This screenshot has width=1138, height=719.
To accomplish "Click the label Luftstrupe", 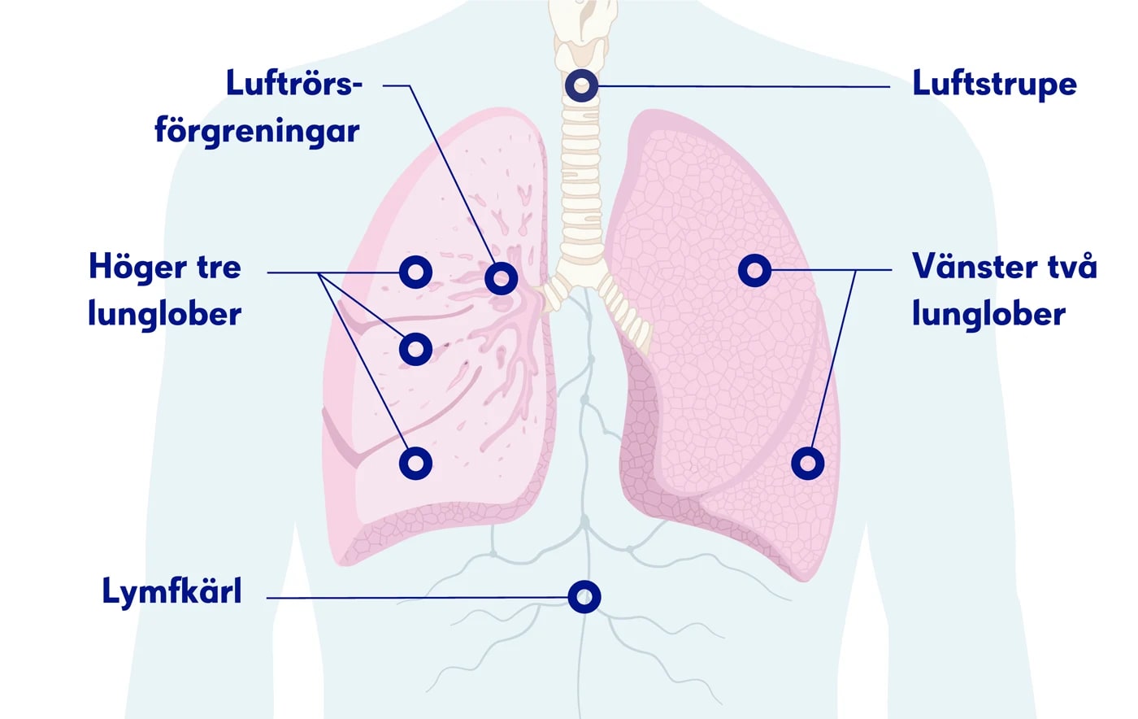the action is coord(994,84).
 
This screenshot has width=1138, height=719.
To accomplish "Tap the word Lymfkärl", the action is coord(172,592).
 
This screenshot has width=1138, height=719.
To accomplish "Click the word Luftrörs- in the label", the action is coord(293,84).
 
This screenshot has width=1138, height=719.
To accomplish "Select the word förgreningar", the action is coord(257,130).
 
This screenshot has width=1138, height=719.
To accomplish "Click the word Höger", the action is coord(131,267).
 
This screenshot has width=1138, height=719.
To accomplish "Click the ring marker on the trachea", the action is coord(582,85).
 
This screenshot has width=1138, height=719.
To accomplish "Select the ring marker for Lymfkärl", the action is coord(584,597).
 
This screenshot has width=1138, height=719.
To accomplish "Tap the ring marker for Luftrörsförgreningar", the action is coord(501,278).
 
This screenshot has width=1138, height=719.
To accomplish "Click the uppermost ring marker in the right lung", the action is coord(415,272).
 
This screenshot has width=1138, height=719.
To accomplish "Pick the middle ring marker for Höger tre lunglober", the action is coord(415,349).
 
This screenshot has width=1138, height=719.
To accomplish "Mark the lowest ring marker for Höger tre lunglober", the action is coord(415,463).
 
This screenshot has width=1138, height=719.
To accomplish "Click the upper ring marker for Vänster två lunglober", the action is coord(754,269).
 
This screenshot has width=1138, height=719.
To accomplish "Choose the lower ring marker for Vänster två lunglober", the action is coord(807,464).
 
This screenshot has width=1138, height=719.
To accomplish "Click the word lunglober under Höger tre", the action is coord(165,315).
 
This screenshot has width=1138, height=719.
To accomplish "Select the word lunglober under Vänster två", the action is coord(988,315).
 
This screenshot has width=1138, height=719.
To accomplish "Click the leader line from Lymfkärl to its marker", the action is coord(415,598).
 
